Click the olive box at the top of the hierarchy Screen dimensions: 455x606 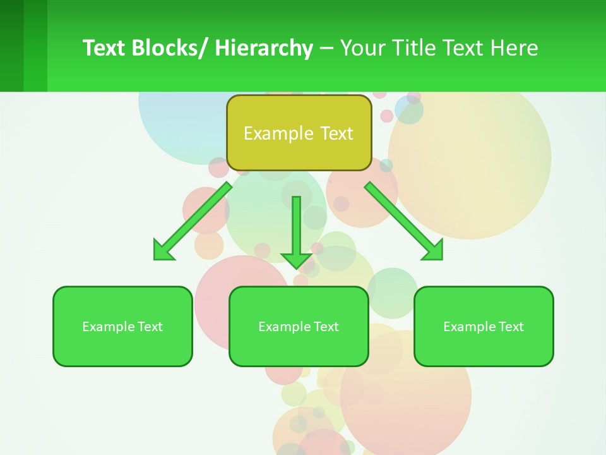click(x=299, y=133)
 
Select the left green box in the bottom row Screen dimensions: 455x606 click(x=122, y=326)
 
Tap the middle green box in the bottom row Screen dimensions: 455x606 click(x=299, y=326)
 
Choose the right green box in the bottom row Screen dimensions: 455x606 click(x=484, y=326)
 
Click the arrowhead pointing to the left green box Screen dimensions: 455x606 click(x=163, y=251)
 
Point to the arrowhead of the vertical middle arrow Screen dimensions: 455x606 click(x=297, y=259)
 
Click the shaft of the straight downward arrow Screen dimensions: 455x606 click(x=297, y=221)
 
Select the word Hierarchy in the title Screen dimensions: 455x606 click(x=264, y=48)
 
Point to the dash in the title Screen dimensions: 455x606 click(x=326, y=48)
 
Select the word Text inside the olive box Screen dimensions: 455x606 click(x=336, y=133)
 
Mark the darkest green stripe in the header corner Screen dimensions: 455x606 click(x=11, y=45)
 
